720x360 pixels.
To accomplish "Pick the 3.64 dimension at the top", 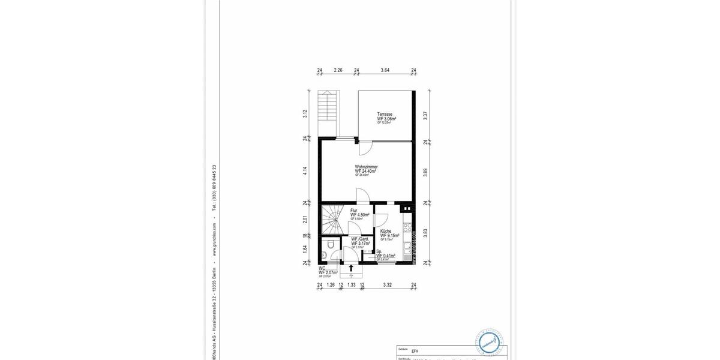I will (385, 70).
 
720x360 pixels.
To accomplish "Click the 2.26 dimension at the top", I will (338, 70).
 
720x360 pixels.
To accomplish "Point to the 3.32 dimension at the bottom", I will (388, 284).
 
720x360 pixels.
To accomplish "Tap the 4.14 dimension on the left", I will (305, 170).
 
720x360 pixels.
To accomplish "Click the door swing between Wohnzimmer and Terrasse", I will (367, 146).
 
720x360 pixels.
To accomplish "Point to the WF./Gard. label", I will (360, 241).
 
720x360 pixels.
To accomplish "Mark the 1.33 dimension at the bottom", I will (352, 284).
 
